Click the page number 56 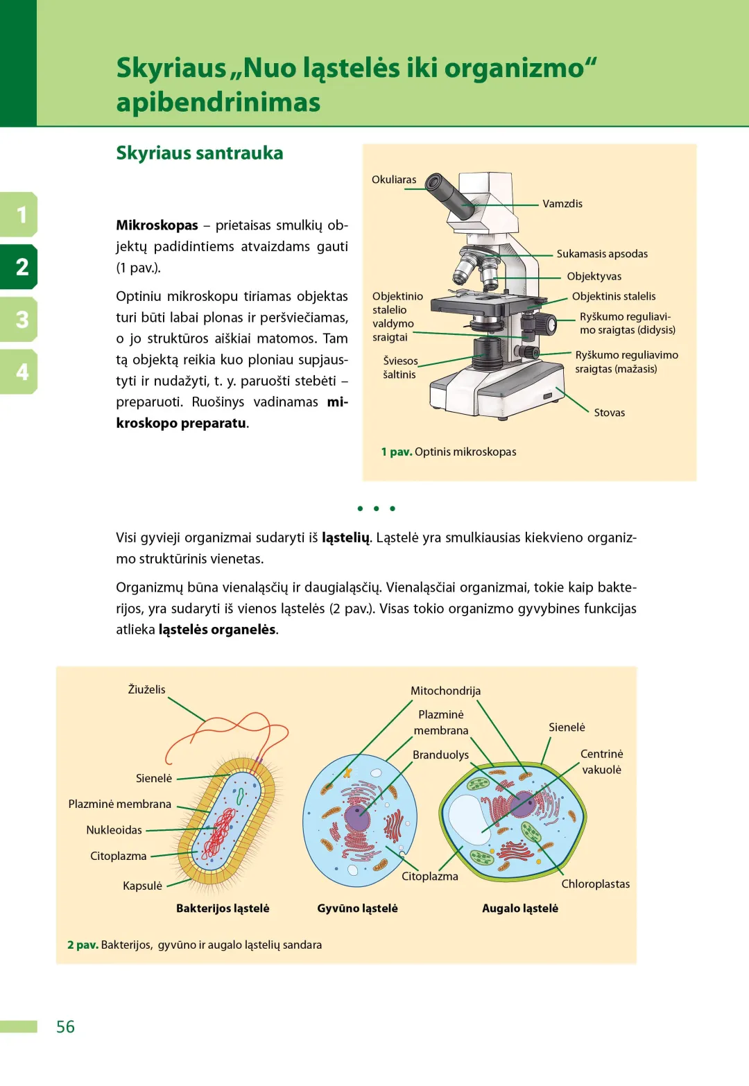point(65,1026)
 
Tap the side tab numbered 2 point(21,267)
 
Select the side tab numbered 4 point(21,372)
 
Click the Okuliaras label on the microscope point(394,180)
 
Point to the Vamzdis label point(562,204)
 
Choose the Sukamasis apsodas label point(602,254)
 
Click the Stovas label point(609,413)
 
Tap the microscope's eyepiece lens point(435,182)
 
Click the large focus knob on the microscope point(546,323)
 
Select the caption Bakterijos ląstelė point(223,908)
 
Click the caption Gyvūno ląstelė point(357,908)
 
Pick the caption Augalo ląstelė point(520,908)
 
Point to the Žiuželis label point(146,689)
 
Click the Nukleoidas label point(114,830)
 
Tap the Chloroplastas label point(596,884)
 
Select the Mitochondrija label point(445,691)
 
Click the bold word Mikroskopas point(157,225)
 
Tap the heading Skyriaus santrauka point(200,153)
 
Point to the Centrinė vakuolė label point(601,761)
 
